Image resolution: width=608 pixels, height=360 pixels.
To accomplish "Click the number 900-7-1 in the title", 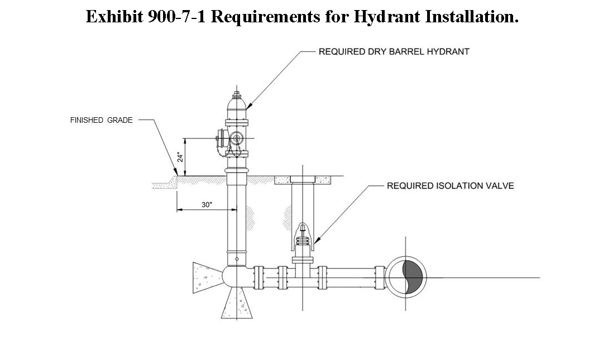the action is pyautogui.click(x=176, y=17).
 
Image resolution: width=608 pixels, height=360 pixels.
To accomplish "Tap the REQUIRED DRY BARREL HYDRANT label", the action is pyautogui.click(x=394, y=51).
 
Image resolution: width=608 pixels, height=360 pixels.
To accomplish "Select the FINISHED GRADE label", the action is pyautogui.click(x=101, y=120).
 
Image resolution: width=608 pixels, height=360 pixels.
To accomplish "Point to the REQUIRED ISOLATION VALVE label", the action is pyautogui.click(x=450, y=186).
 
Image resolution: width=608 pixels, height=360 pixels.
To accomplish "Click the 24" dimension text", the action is pyautogui.click(x=180, y=157).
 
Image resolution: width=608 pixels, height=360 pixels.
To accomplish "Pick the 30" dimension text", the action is pyautogui.click(x=207, y=205).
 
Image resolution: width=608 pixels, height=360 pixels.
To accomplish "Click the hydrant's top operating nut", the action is pyautogui.click(x=237, y=94).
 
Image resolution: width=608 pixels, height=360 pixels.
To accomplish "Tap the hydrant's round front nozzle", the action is pyautogui.click(x=236, y=137).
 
